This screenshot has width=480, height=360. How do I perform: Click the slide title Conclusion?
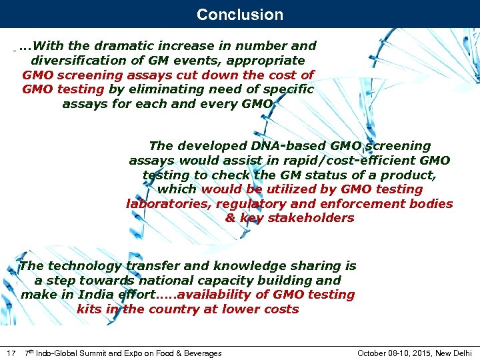click(x=240, y=14)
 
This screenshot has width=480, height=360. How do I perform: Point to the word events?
click(x=195, y=61)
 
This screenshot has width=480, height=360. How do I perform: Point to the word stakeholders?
click(x=311, y=218)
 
